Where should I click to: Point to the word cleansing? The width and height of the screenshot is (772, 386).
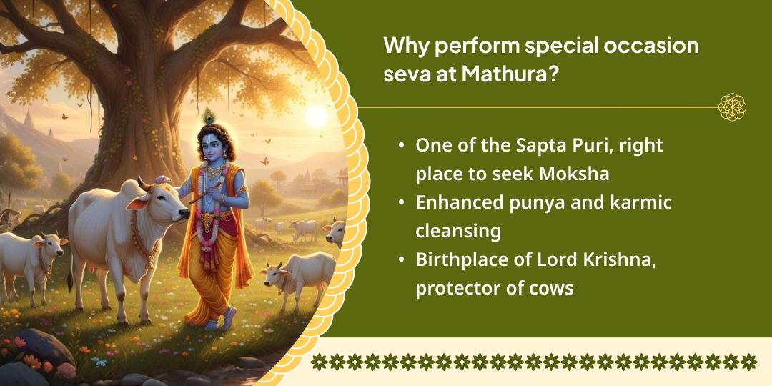(457, 232)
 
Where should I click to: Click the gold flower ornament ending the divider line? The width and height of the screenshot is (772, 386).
(732, 107)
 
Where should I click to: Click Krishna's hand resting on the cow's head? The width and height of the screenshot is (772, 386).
(165, 180)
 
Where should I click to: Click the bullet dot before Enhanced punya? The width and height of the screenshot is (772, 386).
(402, 203)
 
